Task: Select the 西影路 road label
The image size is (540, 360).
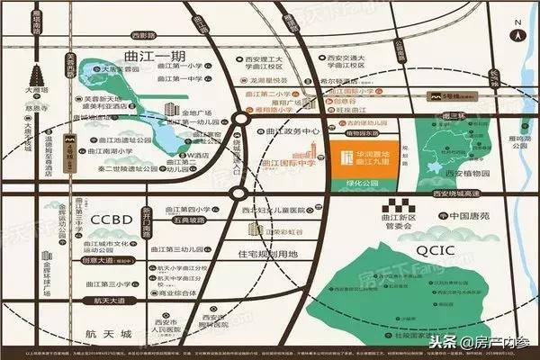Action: point(143,36)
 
